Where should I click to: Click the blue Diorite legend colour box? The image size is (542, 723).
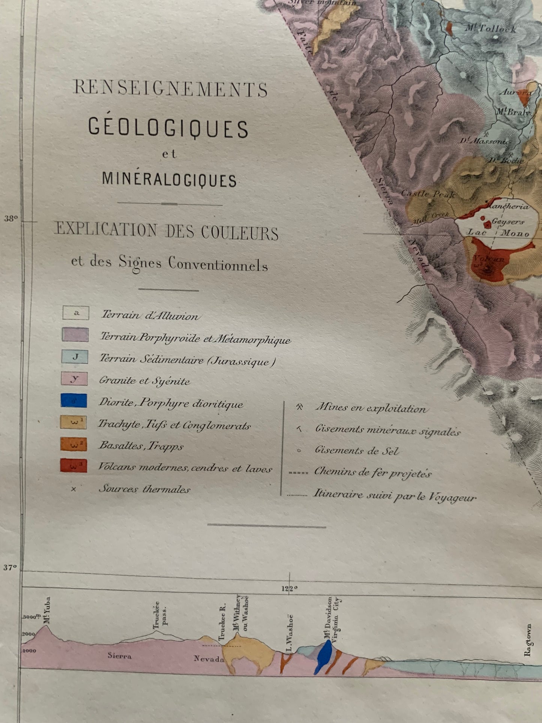(x=74, y=401)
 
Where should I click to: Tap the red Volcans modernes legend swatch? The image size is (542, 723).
(x=74, y=466)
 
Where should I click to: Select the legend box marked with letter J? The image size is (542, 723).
(x=75, y=356)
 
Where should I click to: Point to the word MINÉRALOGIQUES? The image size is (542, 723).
(x=169, y=180)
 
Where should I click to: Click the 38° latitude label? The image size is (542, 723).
(x=11, y=218)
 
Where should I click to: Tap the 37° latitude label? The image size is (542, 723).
(x=11, y=568)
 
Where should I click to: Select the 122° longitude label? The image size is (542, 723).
(x=289, y=588)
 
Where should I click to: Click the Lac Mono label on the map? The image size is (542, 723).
(x=497, y=233)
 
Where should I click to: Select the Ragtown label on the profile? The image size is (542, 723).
(x=528, y=640)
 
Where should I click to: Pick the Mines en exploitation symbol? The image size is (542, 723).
(x=299, y=407)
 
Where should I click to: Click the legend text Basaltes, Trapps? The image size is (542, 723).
(x=141, y=446)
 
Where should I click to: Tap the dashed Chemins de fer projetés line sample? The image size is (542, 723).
(x=298, y=472)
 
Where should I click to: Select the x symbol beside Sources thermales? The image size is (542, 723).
(x=74, y=489)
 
